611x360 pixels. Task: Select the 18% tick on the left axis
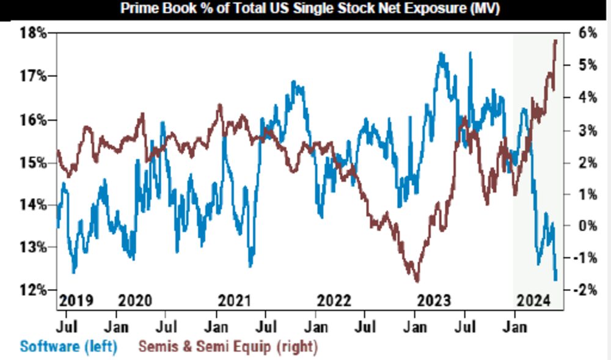[34, 33]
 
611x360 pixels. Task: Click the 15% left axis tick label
[34, 163]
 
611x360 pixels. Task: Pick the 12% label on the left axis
[34, 290]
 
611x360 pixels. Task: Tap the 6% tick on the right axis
[588, 33]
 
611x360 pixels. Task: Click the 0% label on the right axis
[588, 226]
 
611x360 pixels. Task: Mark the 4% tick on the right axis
[588, 97]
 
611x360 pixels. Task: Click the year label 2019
[76, 301]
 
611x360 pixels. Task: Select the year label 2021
[235, 301]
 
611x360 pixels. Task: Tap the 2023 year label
[433, 301]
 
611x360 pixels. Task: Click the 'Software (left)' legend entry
[68, 347]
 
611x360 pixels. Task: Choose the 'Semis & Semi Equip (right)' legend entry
[228, 347]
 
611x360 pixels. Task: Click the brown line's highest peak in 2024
[555, 40]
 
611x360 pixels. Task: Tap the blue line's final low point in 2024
[555, 280]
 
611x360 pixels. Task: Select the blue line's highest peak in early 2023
[441, 54]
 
